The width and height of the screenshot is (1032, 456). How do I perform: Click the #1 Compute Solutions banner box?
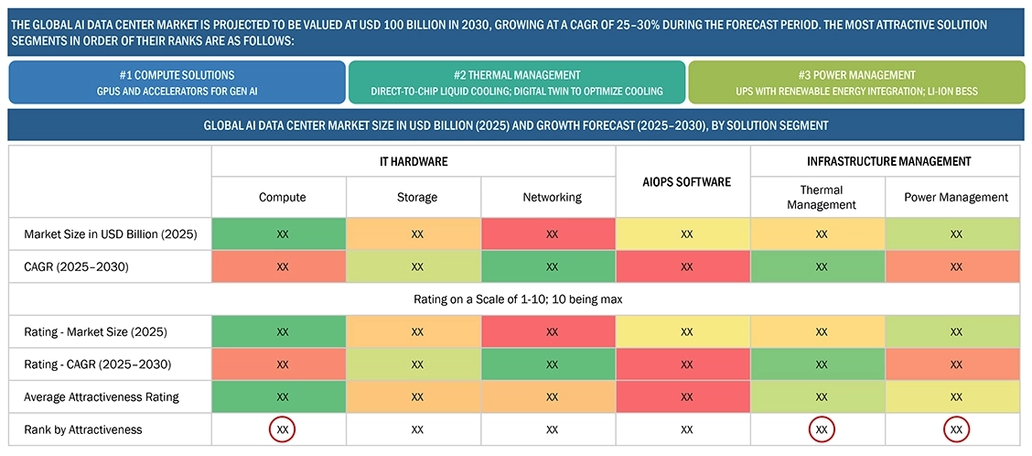177,82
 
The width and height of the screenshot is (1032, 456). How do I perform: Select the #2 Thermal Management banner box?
517,82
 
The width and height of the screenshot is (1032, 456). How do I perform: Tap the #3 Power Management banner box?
856,82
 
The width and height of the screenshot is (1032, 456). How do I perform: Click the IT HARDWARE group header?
414,161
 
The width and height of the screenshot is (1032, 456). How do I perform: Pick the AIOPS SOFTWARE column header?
683,181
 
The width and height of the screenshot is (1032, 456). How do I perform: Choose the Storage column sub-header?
417,197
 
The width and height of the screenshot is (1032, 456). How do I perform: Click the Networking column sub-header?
552,197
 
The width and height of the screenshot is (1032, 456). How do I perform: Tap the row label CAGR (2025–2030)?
75,266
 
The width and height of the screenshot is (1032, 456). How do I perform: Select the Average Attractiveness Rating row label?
102,396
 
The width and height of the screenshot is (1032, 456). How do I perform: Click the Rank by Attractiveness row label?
83,429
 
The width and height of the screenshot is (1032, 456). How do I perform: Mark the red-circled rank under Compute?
283,429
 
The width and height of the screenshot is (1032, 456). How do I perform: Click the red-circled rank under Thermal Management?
821,429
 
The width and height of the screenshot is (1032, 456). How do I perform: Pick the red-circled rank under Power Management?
956,429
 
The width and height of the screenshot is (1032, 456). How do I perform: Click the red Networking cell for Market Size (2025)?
552,234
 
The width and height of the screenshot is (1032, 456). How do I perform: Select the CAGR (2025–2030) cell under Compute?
283,266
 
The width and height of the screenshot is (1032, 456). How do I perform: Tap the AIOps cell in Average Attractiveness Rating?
686,396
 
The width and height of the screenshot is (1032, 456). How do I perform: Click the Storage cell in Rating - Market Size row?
417,331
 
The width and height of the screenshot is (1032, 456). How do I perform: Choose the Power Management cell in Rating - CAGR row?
956,364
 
